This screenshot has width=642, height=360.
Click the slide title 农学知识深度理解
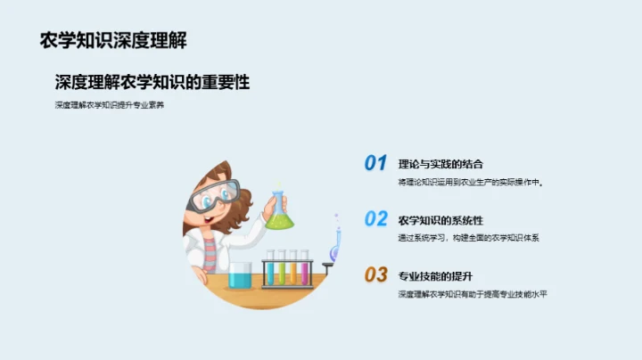pos(113,40)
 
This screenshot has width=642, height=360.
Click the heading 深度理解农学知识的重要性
pos(152,83)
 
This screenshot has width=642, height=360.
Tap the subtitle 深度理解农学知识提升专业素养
pos(110,106)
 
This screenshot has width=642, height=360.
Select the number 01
pos(375,163)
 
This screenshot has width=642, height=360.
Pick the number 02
pos(375,219)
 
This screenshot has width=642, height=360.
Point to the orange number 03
pos(375,274)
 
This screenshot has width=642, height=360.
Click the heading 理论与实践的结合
pos(440,164)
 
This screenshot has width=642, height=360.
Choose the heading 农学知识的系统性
pos(440,219)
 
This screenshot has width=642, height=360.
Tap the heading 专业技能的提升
pos(434,274)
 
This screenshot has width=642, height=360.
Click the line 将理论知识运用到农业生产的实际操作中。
pos(470,182)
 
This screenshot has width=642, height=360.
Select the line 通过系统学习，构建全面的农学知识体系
pos(469,238)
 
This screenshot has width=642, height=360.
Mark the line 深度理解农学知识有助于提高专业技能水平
pos(472,293)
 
